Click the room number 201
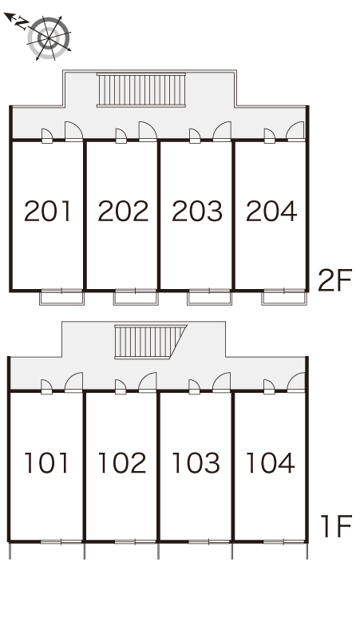[47, 211]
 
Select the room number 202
[123, 211]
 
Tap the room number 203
[197, 211]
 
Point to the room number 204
[271, 211]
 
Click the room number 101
[46, 463]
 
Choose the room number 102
[121, 463]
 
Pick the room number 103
[196, 463]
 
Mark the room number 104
[270, 463]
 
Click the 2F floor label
[334, 280]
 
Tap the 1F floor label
[336, 526]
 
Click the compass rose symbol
[49, 38]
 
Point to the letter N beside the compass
[22, 24]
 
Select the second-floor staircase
[141, 90]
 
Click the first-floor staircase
[150, 342]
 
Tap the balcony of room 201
[61, 297]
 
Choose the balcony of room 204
[284, 297]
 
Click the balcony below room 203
[210, 297]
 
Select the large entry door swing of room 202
[148, 131]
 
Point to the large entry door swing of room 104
[296, 382]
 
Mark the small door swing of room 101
[47, 386]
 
